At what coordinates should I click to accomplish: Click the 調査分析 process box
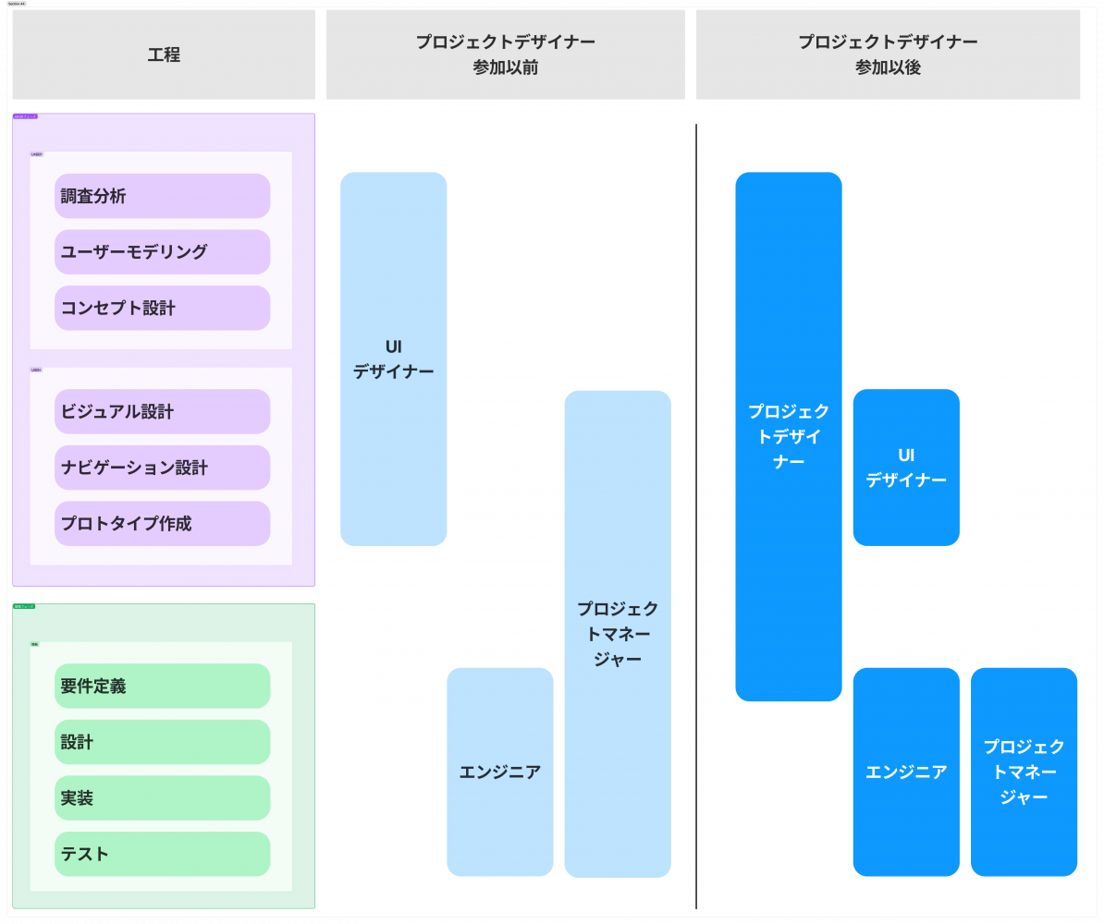coord(162,196)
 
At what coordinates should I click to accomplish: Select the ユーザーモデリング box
coord(162,252)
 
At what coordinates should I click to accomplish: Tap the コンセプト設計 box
coord(162,308)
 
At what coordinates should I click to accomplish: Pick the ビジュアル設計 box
coord(162,411)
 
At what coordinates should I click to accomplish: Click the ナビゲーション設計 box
coord(162,468)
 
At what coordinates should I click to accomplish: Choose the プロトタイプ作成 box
coord(162,524)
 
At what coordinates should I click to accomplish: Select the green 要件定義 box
coord(162,686)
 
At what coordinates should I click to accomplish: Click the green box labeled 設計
coord(162,742)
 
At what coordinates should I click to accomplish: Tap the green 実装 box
coord(162,798)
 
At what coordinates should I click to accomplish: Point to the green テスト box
coord(162,854)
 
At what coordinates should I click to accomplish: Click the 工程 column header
coord(164,55)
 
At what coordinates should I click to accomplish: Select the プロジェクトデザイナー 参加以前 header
coord(505,55)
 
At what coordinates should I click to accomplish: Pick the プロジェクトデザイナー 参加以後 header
coord(888,55)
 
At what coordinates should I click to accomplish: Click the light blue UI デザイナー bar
coord(393,359)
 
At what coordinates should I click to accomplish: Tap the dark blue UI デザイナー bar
coord(906,468)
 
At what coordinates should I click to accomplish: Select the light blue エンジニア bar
coord(499,772)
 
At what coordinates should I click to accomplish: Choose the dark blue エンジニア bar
coord(906,772)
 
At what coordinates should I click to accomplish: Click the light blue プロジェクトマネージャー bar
coord(618,634)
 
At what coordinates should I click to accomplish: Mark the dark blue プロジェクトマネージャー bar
coord(1024,772)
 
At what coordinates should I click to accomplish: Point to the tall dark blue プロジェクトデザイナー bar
coord(789,436)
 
